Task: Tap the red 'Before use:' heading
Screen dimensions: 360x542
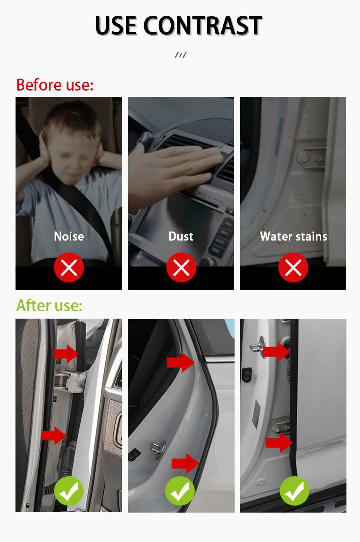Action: pyautogui.click(x=55, y=85)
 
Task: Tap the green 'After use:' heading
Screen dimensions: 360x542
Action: pyautogui.click(x=50, y=305)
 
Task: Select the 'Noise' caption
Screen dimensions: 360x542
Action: pyautogui.click(x=69, y=236)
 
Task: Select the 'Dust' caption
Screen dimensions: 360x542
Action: pyautogui.click(x=181, y=236)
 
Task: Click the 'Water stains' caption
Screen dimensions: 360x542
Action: pyautogui.click(x=293, y=237)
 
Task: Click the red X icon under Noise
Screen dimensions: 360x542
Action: pyautogui.click(x=69, y=268)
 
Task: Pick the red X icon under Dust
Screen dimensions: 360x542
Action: pyautogui.click(x=181, y=268)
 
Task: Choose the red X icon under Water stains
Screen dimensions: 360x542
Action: pyautogui.click(x=293, y=268)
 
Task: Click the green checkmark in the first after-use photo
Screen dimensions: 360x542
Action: pyautogui.click(x=69, y=491)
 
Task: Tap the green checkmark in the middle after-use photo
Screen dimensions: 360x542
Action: pyautogui.click(x=180, y=491)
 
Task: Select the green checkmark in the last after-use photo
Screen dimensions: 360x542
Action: pyautogui.click(x=295, y=491)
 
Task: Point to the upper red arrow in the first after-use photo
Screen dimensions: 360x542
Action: pyautogui.click(x=66, y=354)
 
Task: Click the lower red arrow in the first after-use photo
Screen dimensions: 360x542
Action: pyautogui.click(x=54, y=436)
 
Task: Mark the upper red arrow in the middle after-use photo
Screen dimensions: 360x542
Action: pyautogui.click(x=181, y=362)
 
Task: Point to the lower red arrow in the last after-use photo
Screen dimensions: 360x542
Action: pyautogui.click(x=279, y=443)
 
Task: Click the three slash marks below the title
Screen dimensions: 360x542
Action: pyautogui.click(x=180, y=55)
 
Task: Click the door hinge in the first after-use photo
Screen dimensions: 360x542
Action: pyautogui.click(x=70, y=381)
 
